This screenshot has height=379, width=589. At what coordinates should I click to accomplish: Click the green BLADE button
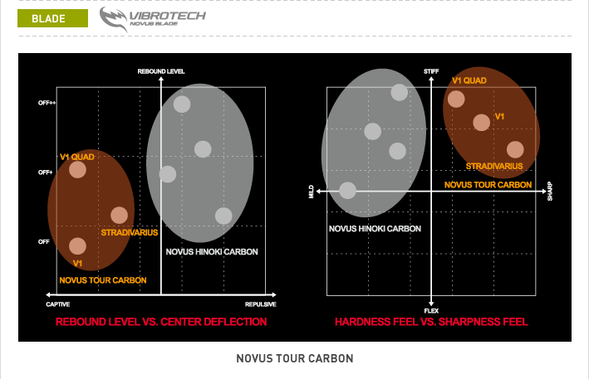(x=52, y=18)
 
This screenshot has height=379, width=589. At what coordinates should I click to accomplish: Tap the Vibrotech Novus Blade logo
(x=153, y=19)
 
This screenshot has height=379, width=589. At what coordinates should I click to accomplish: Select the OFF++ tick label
(x=47, y=103)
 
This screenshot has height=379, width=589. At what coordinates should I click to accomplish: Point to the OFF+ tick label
(x=46, y=172)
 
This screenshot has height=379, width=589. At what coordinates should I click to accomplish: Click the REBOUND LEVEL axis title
(x=161, y=71)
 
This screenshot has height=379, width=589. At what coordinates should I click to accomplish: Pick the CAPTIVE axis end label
(x=58, y=304)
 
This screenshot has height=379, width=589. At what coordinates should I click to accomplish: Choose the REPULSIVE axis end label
(x=261, y=304)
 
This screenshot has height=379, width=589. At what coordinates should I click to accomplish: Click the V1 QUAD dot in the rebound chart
(x=77, y=170)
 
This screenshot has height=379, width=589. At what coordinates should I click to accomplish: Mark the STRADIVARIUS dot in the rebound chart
(x=119, y=215)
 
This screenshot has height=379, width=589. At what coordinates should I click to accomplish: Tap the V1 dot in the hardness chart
(x=481, y=123)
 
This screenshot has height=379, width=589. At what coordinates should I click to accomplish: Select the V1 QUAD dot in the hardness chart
(x=456, y=99)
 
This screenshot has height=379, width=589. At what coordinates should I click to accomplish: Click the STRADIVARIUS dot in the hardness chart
(x=515, y=149)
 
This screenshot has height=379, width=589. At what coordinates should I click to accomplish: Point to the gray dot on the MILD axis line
(x=347, y=191)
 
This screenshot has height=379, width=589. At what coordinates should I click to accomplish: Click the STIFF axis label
(x=431, y=71)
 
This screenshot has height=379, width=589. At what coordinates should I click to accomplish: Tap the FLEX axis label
(x=431, y=311)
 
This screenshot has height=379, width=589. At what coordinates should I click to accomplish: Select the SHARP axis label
(x=550, y=192)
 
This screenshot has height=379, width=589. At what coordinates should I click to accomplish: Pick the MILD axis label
(x=311, y=192)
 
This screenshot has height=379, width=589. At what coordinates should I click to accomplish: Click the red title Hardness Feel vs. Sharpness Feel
(x=431, y=322)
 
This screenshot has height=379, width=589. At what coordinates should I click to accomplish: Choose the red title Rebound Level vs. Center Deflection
(x=161, y=322)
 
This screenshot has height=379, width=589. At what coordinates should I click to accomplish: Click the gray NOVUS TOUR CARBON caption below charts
(x=295, y=358)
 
